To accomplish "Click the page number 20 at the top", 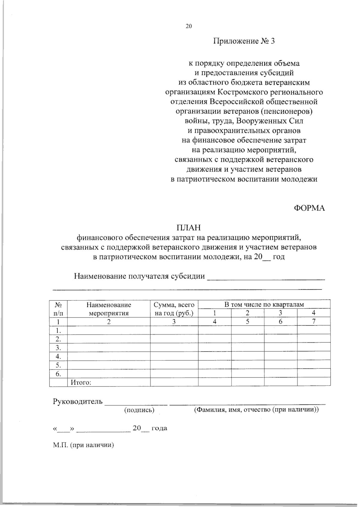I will click(x=188, y=26).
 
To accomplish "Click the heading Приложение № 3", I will click(x=244, y=41).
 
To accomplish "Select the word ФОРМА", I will click(x=309, y=208).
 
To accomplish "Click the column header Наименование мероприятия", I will click(x=109, y=309).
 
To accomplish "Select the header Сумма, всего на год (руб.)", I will click(x=174, y=309).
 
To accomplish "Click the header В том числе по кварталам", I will click(x=264, y=305).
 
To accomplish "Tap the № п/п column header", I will click(x=58, y=309).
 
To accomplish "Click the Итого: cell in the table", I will click(x=81, y=383).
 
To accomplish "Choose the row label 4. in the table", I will click(x=58, y=356).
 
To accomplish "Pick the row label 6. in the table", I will click(x=58, y=374).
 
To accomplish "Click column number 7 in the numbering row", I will click(x=313, y=322).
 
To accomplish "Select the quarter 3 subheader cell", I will click(x=280, y=313).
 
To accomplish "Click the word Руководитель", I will click(x=78, y=401).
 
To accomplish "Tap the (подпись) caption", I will click(x=139, y=410).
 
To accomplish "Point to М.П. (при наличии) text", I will click(x=82, y=445).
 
